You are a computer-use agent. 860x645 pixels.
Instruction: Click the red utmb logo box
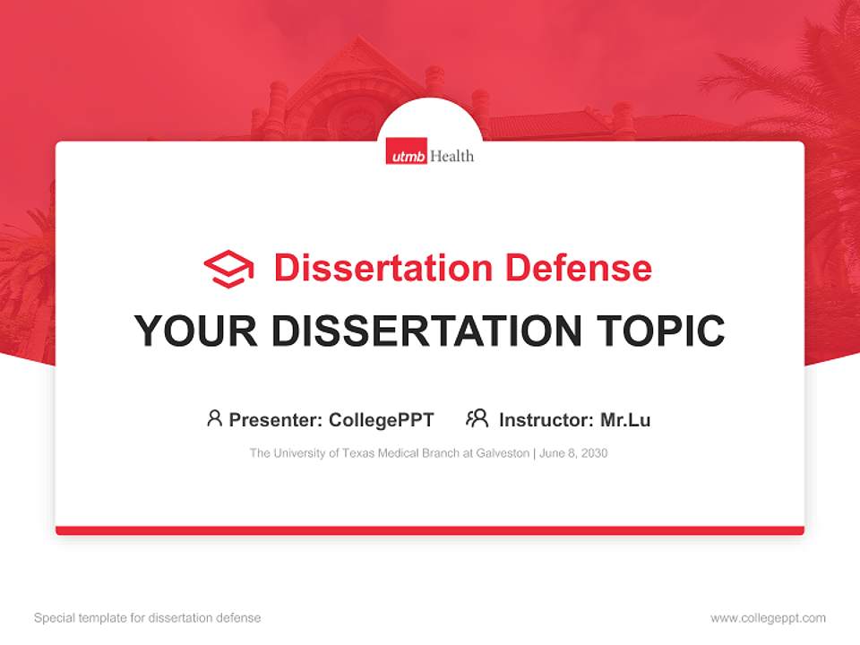pyautogui.click(x=407, y=155)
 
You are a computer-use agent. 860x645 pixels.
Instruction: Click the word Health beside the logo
pyautogui.click(x=451, y=156)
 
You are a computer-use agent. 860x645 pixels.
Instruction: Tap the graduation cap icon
pyautogui.click(x=228, y=269)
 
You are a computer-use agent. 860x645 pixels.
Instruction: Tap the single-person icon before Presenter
pyautogui.click(x=214, y=418)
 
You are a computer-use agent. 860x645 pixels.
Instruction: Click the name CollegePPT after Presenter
pyautogui.click(x=381, y=419)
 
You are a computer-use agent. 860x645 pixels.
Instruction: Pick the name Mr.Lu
pyautogui.click(x=625, y=419)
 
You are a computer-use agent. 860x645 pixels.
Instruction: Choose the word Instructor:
pyautogui.click(x=546, y=419)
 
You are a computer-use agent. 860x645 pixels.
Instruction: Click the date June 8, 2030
pyautogui.click(x=573, y=453)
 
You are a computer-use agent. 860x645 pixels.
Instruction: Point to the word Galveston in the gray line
pyautogui.click(x=503, y=453)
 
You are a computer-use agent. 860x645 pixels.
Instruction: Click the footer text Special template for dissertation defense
pyautogui.click(x=147, y=618)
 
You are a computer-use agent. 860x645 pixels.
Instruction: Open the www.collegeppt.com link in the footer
pyautogui.click(x=768, y=618)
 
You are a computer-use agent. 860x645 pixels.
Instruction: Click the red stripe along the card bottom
pyautogui.click(x=430, y=530)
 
